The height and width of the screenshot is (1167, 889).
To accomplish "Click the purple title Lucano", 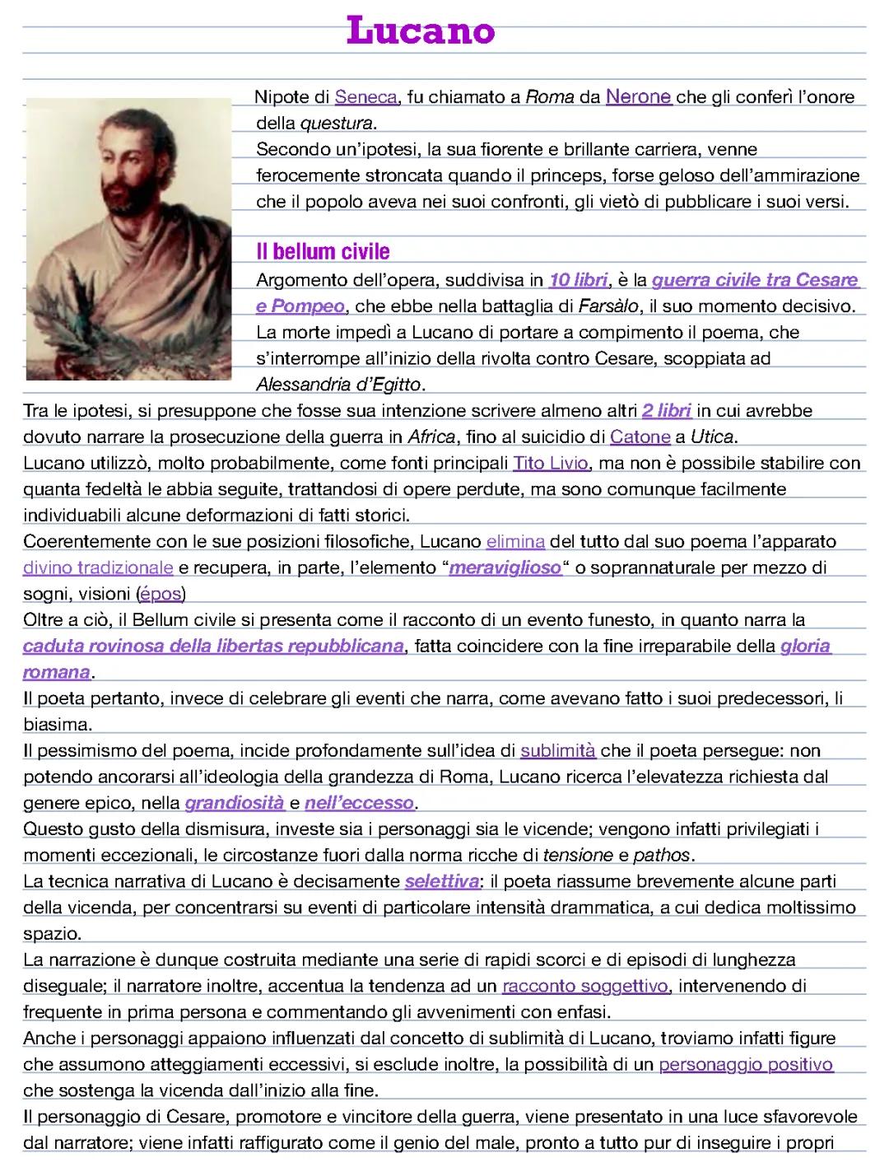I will coord(421,30).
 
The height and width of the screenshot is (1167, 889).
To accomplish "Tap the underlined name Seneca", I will coord(365,98).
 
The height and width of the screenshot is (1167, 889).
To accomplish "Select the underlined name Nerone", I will coord(639,97).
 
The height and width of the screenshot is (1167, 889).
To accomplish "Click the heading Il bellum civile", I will coord(323,251).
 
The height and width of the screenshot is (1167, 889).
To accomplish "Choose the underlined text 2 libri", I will coord(666,411).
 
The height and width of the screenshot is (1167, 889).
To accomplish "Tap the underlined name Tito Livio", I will coord(551,463).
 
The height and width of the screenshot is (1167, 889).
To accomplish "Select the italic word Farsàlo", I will coord(608,306).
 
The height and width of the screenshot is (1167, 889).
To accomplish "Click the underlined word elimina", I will coord(515,542).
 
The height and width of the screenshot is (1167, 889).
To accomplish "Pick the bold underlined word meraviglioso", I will coord(505,568).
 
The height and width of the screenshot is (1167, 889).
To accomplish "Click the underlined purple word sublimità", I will coord(558,751).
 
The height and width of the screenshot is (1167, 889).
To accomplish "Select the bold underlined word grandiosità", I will coord(235,803).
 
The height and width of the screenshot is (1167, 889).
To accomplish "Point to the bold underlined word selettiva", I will coord(441,882).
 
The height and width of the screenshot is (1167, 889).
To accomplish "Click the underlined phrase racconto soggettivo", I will coord(585,987).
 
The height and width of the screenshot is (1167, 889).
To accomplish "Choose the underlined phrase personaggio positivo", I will coord(746,1065).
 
